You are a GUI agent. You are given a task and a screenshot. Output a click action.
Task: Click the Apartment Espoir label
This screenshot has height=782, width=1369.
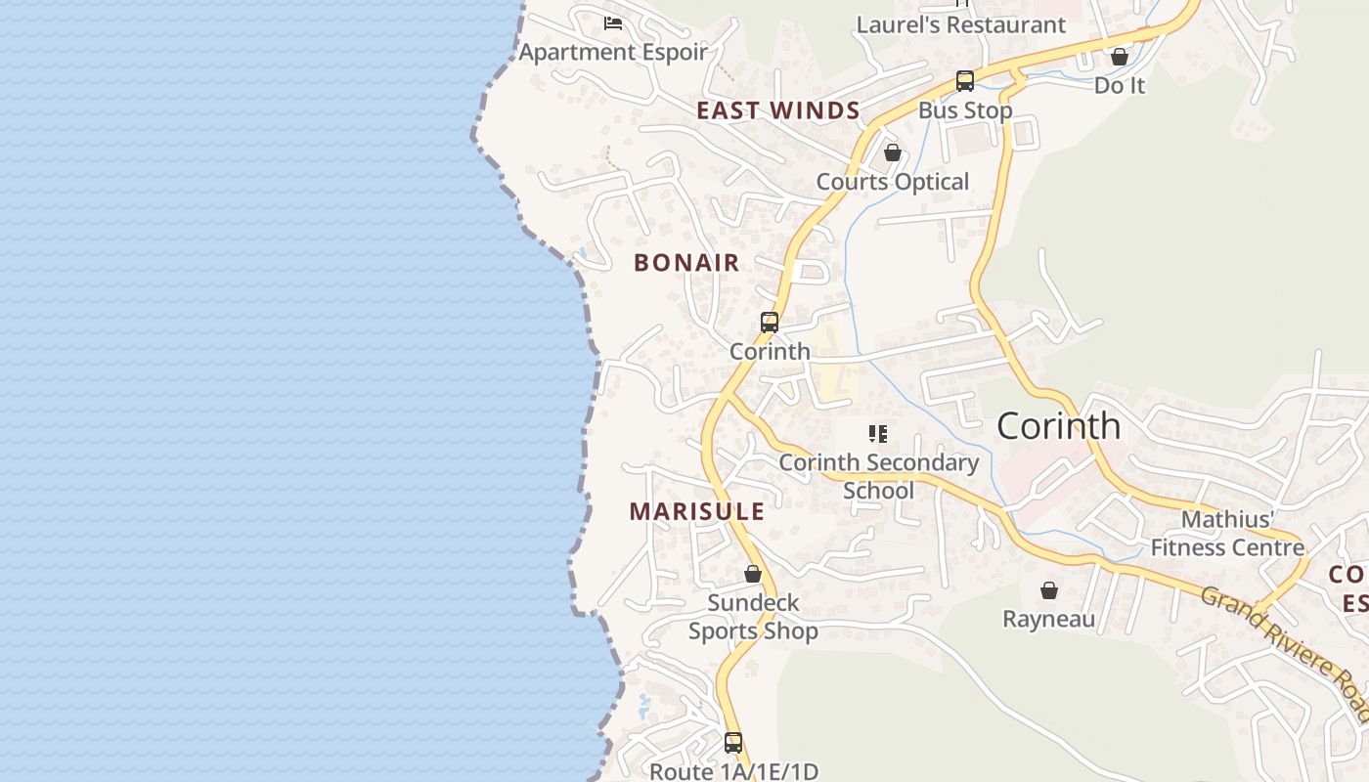point(613,52)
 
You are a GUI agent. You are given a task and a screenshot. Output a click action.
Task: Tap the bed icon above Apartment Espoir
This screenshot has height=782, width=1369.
point(613,22)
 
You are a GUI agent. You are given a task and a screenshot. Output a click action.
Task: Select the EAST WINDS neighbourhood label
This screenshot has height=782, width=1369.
point(778,110)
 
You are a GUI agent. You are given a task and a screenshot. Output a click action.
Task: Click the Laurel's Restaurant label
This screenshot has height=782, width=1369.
point(961,24)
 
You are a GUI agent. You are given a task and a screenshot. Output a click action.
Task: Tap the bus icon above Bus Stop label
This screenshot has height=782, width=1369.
point(965,81)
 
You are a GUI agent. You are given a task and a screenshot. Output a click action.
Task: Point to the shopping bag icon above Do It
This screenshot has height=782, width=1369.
point(1120,57)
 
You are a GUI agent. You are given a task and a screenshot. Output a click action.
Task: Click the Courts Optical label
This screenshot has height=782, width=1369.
point(893,182)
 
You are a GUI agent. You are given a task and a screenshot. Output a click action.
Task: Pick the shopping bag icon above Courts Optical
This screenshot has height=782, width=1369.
point(893,152)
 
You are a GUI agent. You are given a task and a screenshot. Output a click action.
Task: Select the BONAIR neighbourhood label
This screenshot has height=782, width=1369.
point(686,263)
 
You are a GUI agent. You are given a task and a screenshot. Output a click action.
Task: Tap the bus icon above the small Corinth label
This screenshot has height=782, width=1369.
point(770,323)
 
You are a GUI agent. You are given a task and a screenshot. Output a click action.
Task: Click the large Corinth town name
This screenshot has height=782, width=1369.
point(1058,425)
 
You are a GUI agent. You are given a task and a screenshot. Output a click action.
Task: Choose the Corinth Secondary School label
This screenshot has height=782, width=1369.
point(879,476)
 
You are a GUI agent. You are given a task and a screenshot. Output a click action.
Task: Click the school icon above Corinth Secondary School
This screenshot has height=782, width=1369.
point(878,433)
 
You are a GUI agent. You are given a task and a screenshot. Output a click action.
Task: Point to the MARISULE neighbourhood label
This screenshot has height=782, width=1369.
point(697,511)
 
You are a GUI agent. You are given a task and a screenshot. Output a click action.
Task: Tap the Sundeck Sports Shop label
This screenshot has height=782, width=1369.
point(753,617)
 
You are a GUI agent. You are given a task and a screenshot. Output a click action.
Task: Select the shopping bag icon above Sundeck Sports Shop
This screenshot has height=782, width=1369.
point(753,574)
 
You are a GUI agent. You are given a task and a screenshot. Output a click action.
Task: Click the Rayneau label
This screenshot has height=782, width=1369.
point(1049,619)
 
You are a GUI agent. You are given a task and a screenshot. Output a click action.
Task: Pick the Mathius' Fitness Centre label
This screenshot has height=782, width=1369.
point(1227,533)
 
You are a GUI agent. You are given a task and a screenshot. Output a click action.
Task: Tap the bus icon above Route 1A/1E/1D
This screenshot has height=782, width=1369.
point(733,743)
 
